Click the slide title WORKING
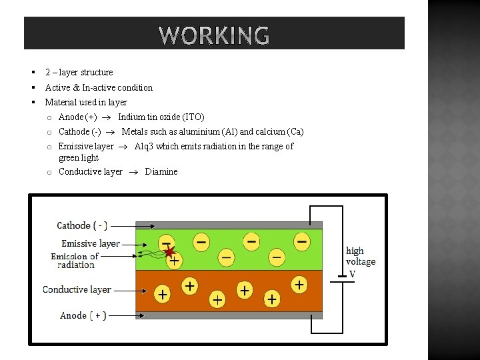tap(215, 35)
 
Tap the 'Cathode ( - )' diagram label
tap(82, 225)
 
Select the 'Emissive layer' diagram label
tap(91, 243)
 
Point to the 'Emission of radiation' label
tap(75, 261)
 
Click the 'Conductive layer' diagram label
tap(77, 289)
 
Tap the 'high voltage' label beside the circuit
tap(360, 256)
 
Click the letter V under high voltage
tap(353, 274)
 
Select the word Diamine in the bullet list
tap(161, 171)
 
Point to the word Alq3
tap(143, 146)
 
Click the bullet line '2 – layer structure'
tap(79, 72)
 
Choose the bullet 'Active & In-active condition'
tap(99, 87)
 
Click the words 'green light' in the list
tap(79, 158)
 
